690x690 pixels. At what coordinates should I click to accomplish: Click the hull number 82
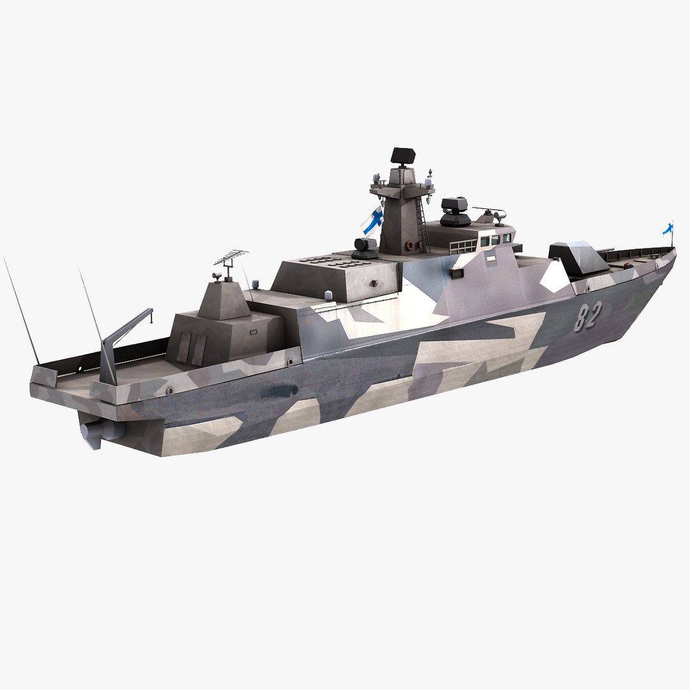[587, 316]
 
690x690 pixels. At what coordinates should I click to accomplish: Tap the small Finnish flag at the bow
[668, 228]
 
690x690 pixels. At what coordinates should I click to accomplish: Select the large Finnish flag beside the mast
[372, 220]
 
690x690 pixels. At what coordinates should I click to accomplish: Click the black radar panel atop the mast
[402, 155]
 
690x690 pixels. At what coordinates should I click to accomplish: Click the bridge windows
[495, 239]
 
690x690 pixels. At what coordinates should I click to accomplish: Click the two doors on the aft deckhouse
[191, 348]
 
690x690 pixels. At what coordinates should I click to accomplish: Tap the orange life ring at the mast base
[408, 245]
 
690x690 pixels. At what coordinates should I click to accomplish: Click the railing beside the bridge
[463, 247]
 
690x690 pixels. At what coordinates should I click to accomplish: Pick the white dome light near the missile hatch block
[328, 295]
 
